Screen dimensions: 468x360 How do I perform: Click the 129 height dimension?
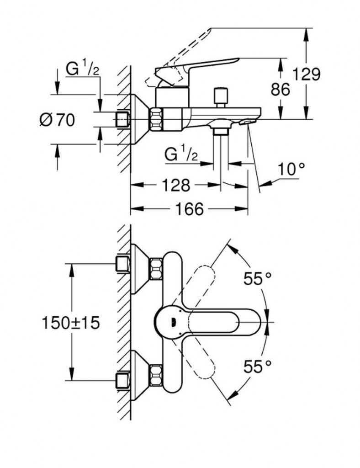[x=307, y=74]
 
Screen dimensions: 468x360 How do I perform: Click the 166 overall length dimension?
[x=189, y=210]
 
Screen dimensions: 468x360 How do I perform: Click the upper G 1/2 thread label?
[x=83, y=70]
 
